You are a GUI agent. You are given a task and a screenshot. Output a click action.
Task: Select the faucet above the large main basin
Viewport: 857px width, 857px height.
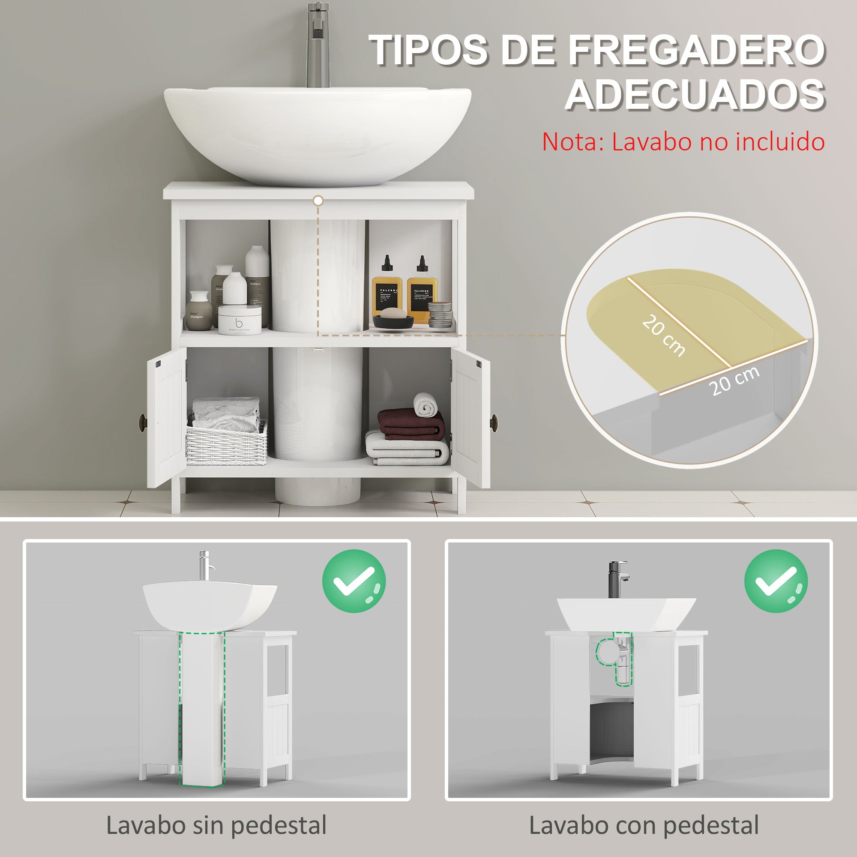pos(318,45)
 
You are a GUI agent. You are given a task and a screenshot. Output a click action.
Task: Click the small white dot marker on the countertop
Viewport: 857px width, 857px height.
pos(318,201)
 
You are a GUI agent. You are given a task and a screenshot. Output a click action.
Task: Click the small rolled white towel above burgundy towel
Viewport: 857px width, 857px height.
pos(426,404)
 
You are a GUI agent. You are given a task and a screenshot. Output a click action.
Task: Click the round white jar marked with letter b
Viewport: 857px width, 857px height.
pos(240,319)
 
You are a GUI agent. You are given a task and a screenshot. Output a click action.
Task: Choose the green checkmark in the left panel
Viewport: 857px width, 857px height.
pos(354,581)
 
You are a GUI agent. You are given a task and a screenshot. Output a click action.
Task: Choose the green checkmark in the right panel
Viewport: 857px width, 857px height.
pos(776,581)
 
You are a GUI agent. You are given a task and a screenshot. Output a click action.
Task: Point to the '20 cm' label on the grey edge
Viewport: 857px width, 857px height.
pos(734,381)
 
